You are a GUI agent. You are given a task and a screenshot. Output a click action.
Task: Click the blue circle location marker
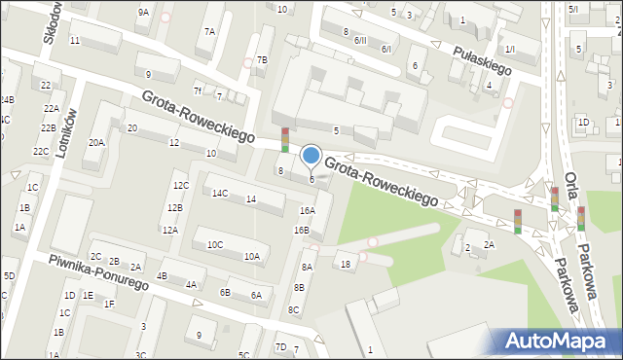(x=311, y=155)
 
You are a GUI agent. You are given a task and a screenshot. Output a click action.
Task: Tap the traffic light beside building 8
(x=284, y=140)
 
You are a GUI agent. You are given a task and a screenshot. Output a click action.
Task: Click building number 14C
(x=220, y=193)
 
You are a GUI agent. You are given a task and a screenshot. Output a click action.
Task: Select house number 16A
(x=307, y=210)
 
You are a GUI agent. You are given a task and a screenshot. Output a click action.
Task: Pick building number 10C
(x=214, y=244)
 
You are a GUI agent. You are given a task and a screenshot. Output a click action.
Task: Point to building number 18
(x=345, y=264)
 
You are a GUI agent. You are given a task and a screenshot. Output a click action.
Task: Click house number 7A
(x=209, y=31)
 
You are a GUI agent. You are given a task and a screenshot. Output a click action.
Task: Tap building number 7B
(x=261, y=60)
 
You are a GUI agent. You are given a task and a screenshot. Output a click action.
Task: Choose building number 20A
(x=95, y=142)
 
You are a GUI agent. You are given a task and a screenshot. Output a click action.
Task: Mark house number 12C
(x=180, y=185)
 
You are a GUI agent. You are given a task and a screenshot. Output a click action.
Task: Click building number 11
(x=74, y=40)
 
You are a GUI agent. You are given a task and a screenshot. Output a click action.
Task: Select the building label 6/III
(x=360, y=40)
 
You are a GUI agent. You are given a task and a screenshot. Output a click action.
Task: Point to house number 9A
(x=143, y=13)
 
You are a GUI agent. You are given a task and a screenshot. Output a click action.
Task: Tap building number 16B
(x=301, y=231)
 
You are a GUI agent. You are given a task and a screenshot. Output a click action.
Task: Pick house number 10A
(x=251, y=257)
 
